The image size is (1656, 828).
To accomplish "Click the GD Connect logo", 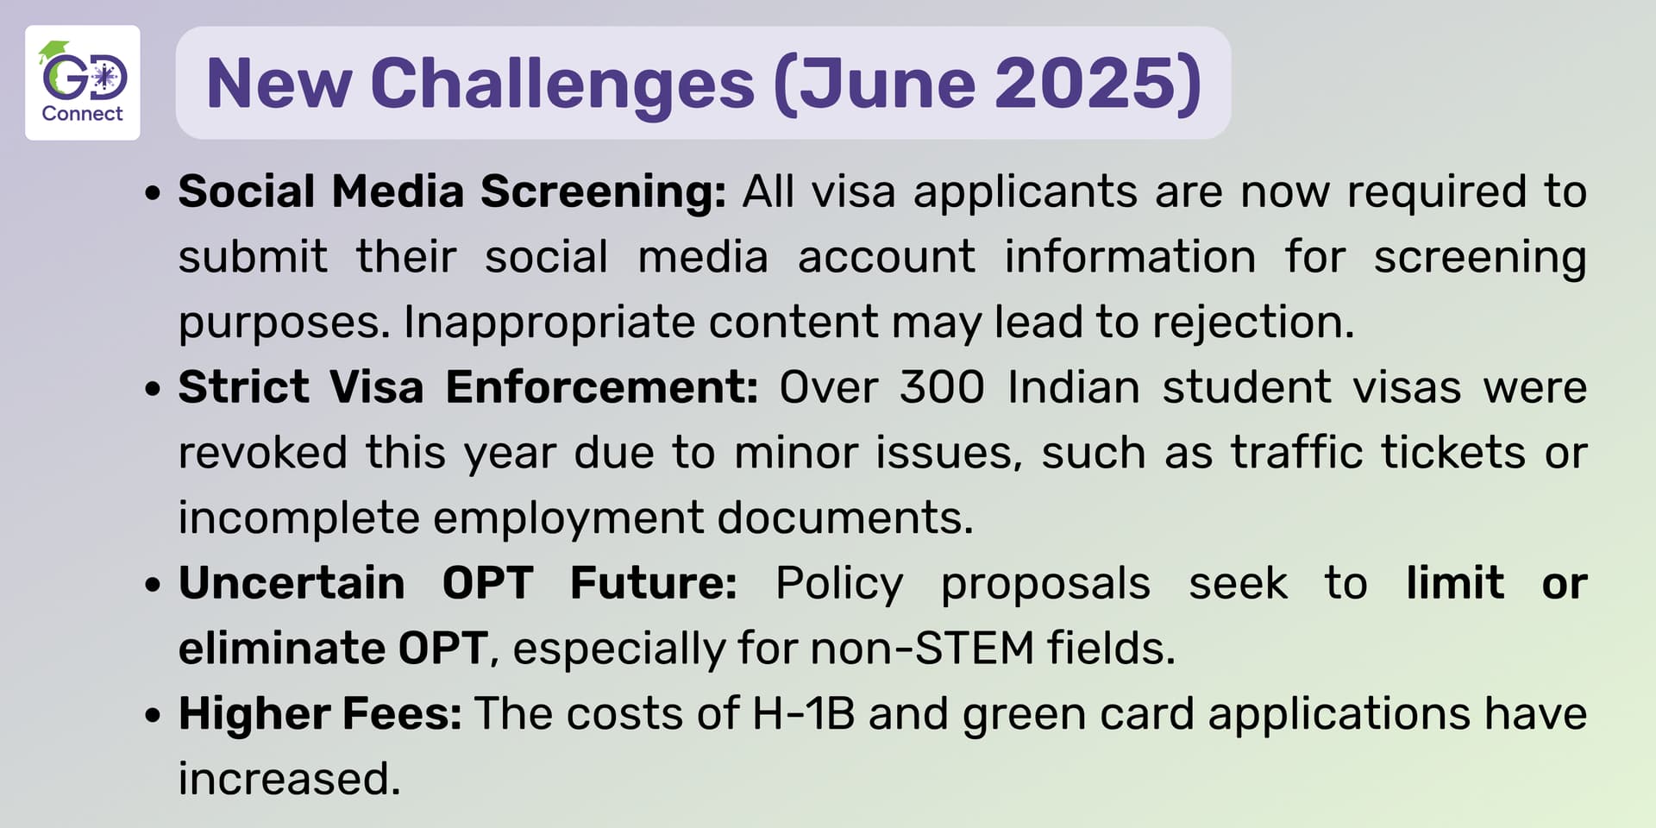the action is tap(83, 83).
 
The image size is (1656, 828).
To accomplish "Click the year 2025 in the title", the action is tap(1086, 84).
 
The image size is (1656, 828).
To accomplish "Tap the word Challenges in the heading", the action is tap(562, 85).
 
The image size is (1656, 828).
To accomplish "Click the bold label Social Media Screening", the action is tap(452, 191).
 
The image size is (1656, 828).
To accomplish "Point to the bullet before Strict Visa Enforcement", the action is tap(154, 389).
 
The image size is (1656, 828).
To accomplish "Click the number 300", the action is tap(942, 387).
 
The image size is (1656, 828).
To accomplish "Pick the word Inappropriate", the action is tap(549, 323).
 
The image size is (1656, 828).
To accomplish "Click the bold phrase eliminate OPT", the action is tap(333, 648).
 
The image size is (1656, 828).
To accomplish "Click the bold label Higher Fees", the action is tap(320, 713).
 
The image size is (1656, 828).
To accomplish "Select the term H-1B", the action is tap(803, 713).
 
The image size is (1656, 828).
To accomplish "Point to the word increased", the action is tap(290, 778).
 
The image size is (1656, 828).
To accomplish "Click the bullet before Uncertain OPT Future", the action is tap(154, 585).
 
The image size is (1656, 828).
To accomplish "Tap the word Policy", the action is tap(839, 584).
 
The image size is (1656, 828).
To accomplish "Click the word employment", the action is tap(568, 518).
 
